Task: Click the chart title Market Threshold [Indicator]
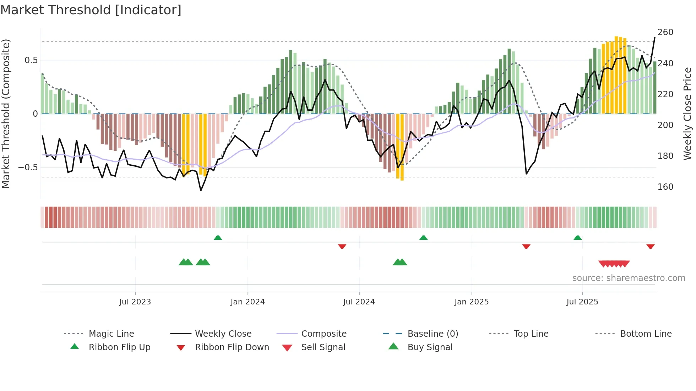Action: pos(91,10)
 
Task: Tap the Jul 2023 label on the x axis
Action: pos(135,302)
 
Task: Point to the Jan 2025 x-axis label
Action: pos(471,302)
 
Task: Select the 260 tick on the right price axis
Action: pos(665,32)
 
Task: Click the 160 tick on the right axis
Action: pos(665,187)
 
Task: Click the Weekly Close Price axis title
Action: pos(687,114)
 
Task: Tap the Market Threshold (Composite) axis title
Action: pos(6,114)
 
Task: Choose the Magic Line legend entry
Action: pos(111,334)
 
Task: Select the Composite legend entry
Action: pos(323,334)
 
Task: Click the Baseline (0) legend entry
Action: pos(433,334)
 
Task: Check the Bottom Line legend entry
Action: pos(646,334)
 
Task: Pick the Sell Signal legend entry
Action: pos(323,347)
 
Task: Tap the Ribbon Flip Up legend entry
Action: pos(119,347)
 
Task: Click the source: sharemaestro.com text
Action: pos(629,278)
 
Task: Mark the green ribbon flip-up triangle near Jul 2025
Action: pos(577,238)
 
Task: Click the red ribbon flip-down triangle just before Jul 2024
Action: pos(342,246)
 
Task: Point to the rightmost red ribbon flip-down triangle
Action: pos(650,246)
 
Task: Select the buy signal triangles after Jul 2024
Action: pos(400,262)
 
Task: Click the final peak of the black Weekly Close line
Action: pos(655,38)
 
